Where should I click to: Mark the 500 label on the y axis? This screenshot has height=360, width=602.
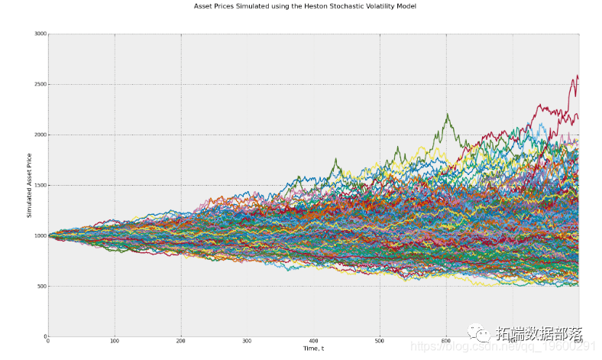tap(40, 287)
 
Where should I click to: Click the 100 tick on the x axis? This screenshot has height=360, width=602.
tap(115, 342)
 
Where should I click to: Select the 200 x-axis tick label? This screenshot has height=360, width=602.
tap(181, 342)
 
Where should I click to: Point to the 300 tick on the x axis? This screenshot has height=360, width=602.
tap(248, 342)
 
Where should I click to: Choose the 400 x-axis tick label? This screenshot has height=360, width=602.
tap(313, 342)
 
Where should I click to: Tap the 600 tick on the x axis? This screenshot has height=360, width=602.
tap(446, 342)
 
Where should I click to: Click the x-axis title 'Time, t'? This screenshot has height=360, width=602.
tap(313, 349)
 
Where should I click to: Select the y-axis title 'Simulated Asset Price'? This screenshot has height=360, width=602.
tap(30, 185)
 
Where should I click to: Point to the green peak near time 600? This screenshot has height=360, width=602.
tap(447, 115)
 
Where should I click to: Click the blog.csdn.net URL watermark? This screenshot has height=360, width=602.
tap(535, 346)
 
